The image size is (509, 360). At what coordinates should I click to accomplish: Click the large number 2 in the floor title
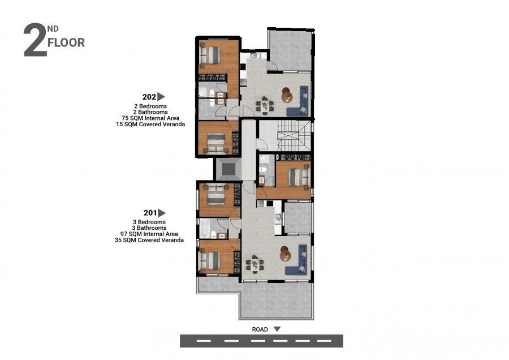pyautogui.click(x=34, y=41)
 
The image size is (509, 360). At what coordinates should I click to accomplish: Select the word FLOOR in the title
pyautogui.click(x=67, y=43)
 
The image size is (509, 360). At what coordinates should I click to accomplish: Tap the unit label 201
pyautogui.click(x=150, y=213)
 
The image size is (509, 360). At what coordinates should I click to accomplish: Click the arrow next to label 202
pyautogui.click(x=161, y=97)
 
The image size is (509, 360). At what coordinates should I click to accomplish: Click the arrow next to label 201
pyautogui.click(x=162, y=213)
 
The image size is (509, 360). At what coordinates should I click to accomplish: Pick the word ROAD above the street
pyautogui.click(x=260, y=328)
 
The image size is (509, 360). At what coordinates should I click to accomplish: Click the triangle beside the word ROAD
pyautogui.click(x=277, y=328)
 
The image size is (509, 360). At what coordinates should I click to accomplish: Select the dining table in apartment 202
pyautogui.click(x=263, y=104)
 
